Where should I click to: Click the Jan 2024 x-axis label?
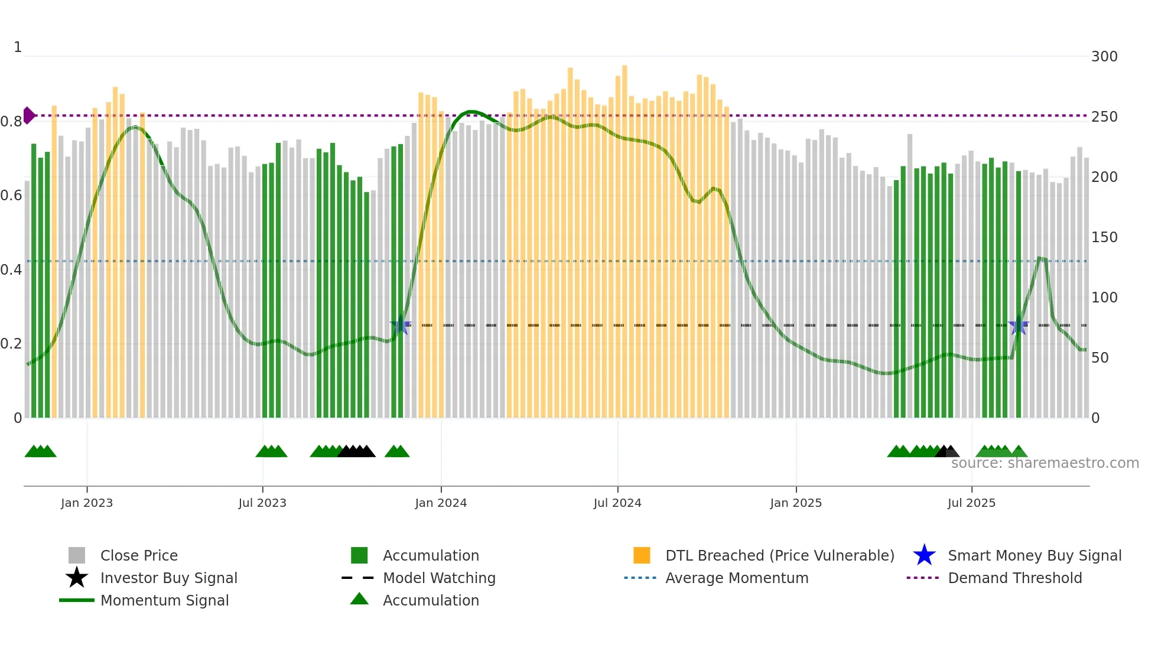pos(441,503)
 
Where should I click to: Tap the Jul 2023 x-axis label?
pos(262,503)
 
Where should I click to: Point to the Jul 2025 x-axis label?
pos(971,503)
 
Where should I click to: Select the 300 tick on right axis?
pos(1104,57)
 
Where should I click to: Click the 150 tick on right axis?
pos(1104,237)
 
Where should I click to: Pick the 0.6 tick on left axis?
pos(11,196)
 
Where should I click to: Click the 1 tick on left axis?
pos(18,47)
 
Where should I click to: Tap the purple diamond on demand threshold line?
pos(28,115)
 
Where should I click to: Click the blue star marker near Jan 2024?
pos(401,325)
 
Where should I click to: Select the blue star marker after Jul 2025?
pos(1018,325)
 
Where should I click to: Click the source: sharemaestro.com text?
pos(1045,463)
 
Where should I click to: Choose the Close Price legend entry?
pos(138,555)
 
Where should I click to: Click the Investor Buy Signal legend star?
pos(77,578)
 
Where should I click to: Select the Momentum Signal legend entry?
pos(164,600)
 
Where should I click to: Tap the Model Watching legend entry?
pos(438,578)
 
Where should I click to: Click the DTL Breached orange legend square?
pos(642,555)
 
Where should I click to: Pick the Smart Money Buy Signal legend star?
pos(924,555)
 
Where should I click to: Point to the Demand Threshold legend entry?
pos(1014,578)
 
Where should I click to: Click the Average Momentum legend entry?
pos(736,578)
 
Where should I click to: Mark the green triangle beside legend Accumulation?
pos(359,600)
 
